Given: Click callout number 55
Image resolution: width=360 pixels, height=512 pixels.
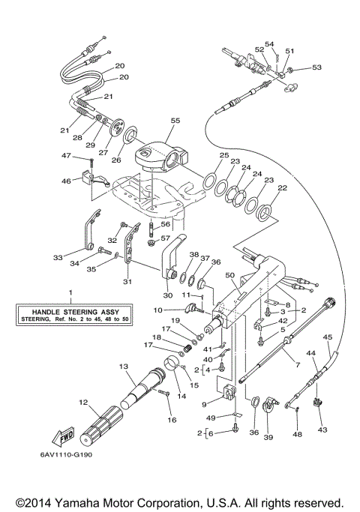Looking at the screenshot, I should pos(175,120).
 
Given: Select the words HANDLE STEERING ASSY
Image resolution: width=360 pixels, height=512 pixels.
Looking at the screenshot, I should pos(70,311).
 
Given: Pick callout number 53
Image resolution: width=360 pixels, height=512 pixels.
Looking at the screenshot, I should pos(317,67).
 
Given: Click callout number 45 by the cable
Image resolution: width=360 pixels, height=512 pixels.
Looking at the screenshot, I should pos(327,337).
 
